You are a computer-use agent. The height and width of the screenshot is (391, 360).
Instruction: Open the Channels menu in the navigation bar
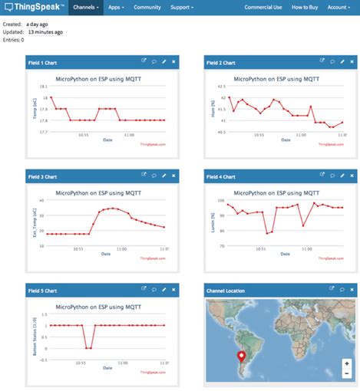click(x=85, y=8)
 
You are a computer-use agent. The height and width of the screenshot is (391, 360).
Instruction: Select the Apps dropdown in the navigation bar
click(x=116, y=8)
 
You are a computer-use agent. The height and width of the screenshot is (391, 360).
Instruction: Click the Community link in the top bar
click(x=147, y=8)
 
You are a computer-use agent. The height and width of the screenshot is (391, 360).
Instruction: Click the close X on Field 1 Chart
click(x=173, y=61)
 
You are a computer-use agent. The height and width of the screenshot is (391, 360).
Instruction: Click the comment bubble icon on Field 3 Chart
click(x=154, y=176)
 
